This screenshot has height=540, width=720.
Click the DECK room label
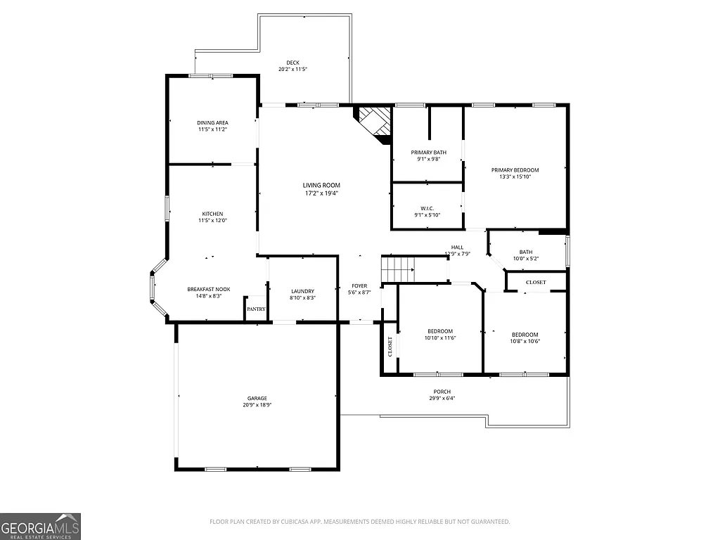point(292,63)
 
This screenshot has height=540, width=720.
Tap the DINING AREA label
point(212,123)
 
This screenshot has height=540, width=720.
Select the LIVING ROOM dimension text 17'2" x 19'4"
point(321,193)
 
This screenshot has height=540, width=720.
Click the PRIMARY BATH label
point(428,153)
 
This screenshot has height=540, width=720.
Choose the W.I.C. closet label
point(427,208)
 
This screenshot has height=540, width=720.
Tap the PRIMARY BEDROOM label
point(515,170)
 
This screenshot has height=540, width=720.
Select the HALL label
point(457,247)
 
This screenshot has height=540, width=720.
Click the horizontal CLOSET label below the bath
point(536,283)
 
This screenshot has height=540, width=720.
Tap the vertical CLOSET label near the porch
point(390,347)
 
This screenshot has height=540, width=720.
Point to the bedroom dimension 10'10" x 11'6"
point(440,338)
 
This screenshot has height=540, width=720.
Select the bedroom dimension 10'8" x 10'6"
point(525,341)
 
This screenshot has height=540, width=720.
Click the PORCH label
point(442,392)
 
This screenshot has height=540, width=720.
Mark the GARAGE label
point(257,399)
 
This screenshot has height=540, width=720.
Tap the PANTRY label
point(256,309)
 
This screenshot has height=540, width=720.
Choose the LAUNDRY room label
point(302,291)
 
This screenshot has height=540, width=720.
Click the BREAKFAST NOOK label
point(208,289)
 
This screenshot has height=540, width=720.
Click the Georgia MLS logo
point(40,526)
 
